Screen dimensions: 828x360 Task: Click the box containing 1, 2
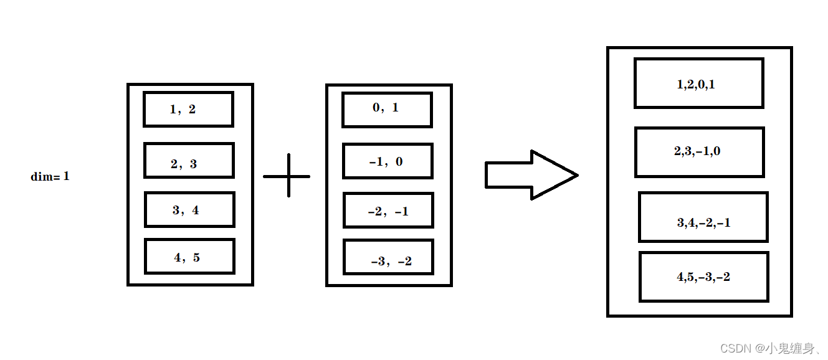point(188,109)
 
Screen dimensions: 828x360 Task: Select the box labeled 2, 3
point(189,160)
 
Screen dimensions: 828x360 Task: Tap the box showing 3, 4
point(189,209)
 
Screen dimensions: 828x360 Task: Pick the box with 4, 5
point(189,256)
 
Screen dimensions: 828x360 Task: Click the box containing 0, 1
point(387,110)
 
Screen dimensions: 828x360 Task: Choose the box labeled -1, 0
point(388,161)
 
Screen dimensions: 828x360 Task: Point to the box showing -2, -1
point(388,210)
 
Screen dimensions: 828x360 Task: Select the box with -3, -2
point(389,257)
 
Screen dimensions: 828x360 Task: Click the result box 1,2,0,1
point(698,83)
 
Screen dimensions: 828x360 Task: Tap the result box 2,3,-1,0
point(699,152)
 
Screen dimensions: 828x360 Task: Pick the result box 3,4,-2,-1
point(703,217)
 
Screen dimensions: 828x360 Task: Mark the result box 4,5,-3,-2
point(703,277)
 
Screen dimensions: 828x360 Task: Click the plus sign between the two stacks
point(287,176)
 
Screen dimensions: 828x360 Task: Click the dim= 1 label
point(50,176)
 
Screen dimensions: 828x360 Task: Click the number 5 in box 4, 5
point(196,258)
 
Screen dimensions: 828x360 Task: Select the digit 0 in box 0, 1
point(376,108)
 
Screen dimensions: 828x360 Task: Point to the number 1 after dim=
point(66,176)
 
